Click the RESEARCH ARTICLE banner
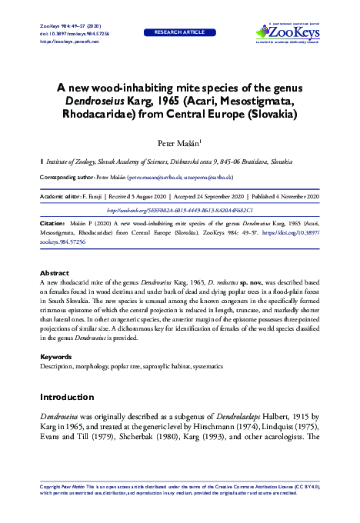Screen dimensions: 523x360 [180, 34]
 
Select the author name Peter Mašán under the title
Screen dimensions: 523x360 [178, 143]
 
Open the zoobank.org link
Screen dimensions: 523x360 [179, 209]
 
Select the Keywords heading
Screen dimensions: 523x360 [56, 358]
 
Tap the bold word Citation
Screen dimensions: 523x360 [53, 223]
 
